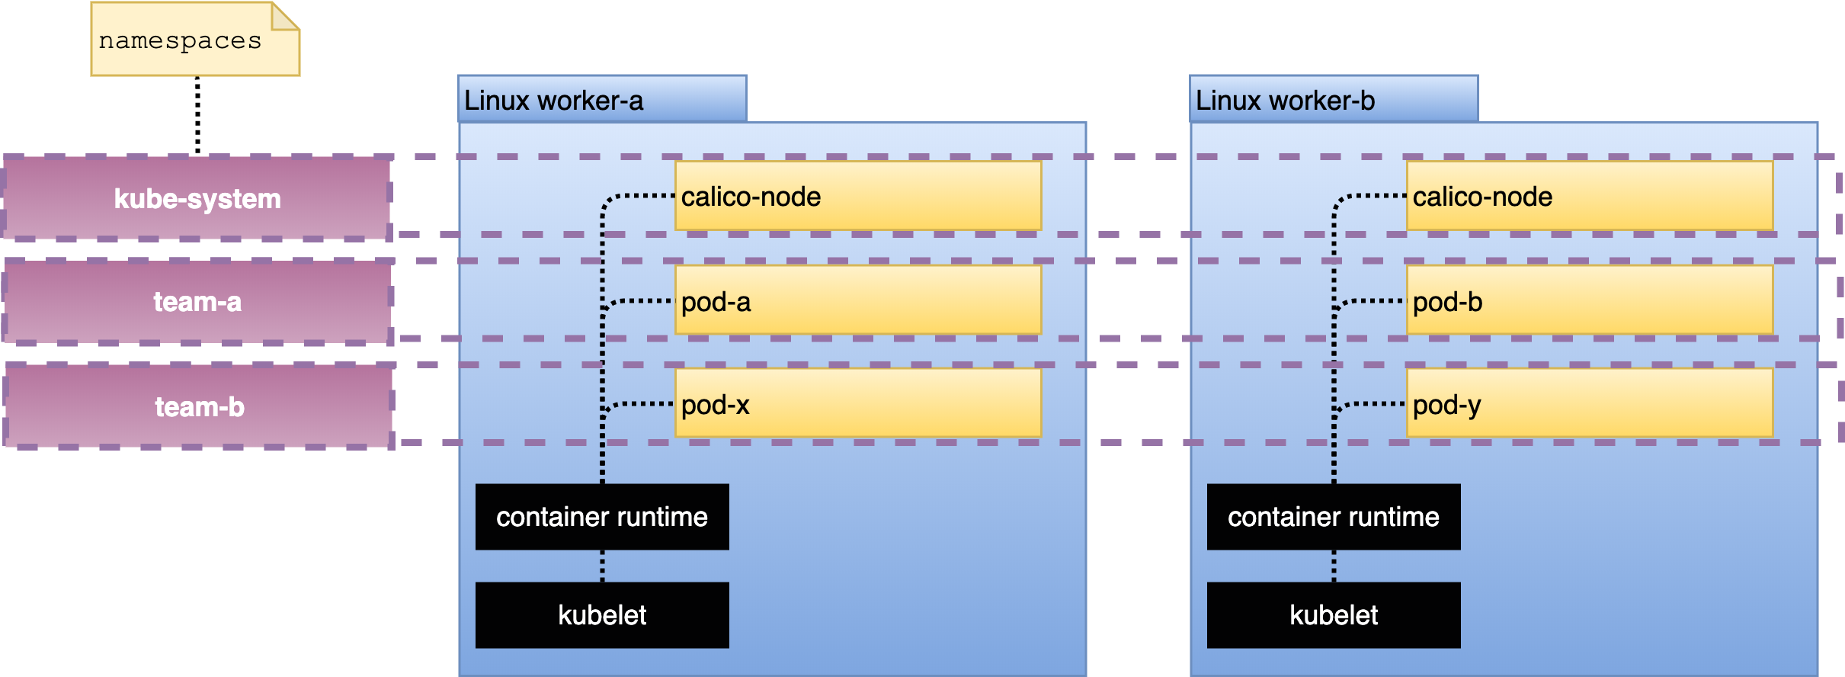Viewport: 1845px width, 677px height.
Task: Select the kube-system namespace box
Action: tap(197, 198)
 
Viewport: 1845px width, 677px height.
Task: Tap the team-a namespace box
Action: tap(197, 302)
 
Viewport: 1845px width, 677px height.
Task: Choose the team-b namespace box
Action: tap(199, 406)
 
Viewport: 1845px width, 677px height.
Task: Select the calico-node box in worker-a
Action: tap(858, 196)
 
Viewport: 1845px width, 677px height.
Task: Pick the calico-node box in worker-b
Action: tap(1590, 196)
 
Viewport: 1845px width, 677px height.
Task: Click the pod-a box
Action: tap(858, 300)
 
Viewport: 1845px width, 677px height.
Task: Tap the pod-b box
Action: tap(1590, 300)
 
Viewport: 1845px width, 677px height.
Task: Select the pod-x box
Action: tap(858, 403)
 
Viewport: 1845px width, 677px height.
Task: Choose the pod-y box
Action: tap(1590, 403)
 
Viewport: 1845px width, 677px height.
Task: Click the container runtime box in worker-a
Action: tap(602, 517)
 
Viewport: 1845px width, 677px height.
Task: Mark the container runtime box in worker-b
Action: tap(1334, 517)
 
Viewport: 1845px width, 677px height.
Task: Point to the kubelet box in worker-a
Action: tap(602, 615)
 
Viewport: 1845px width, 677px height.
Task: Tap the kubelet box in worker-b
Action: tap(1334, 615)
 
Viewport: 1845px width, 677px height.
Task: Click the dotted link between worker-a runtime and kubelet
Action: tap(602, 566)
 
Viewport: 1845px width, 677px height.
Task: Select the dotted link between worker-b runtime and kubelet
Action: tap(1334, 566)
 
